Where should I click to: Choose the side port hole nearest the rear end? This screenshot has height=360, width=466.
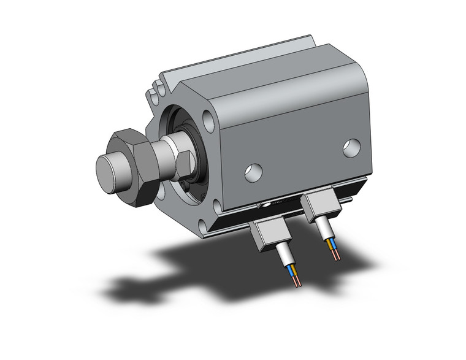pos(351,148)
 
